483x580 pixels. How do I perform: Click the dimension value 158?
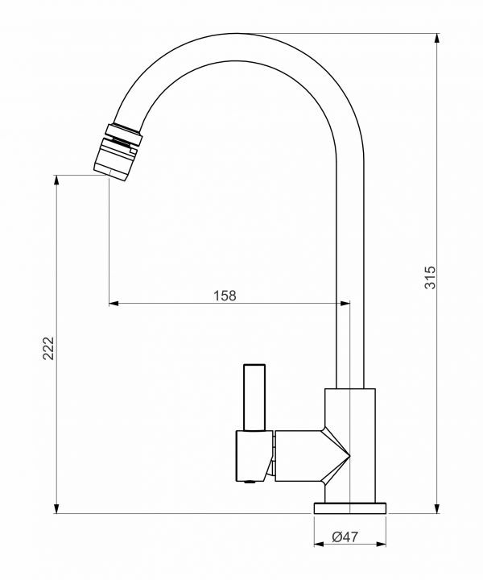[x=225, y=296]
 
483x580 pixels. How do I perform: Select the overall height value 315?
[x=430, y=277]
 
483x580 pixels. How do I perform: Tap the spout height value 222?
[x=47, y=348]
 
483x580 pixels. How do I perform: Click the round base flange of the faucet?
[x=349, y=507]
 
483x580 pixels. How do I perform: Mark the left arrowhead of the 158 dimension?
[x=114, y=304]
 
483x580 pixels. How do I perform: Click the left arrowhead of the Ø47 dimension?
[x=317, y=544]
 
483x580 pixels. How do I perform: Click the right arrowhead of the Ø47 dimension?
[x=382, y=544]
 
